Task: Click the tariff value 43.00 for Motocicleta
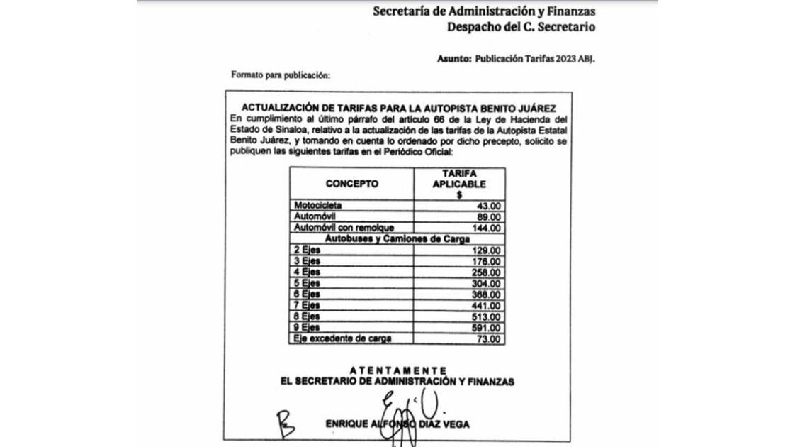point(490,205)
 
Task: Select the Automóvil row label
point(315,216)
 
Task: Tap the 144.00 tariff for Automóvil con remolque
point(487,228)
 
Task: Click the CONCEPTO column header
point(351,184)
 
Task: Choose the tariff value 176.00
point(487,261)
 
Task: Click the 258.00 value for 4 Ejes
point(487,272)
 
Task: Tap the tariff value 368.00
point(487,294)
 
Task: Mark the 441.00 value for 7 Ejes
point(487,306)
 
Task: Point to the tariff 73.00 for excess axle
point(490,339)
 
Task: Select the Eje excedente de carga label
point(343,339)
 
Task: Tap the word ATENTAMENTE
point(398,370)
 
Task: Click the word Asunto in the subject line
point(453,60)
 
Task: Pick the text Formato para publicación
point(281,74)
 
